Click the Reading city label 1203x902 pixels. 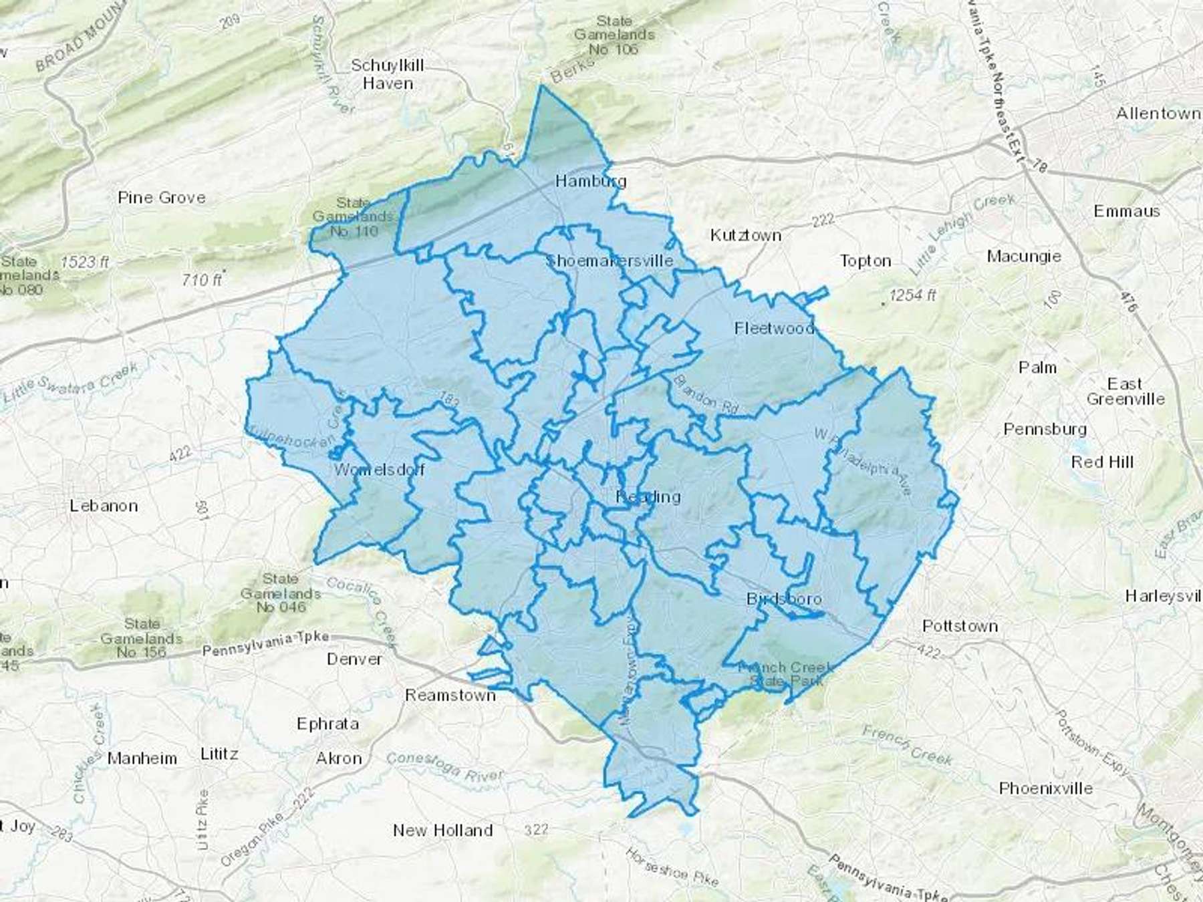[648, 496]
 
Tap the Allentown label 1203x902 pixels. [1158, 114]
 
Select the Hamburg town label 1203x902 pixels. [591, 181]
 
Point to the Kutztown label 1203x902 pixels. [745, 235]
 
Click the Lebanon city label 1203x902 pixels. [104, 506]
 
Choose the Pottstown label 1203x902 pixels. [960, 626]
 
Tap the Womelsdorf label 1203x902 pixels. [379, 469]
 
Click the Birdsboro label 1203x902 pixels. [783, 599]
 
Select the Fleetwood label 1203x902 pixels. [774, 328]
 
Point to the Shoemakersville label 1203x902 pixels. [610, 261]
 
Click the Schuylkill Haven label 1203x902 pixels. [388, 75]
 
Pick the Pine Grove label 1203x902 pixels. [162, 198]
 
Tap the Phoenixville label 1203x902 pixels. [1046, 788]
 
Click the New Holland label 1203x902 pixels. [442, 831]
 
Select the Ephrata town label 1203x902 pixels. [327, 724]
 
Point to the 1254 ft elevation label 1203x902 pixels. [912, 295]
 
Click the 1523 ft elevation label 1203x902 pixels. [84, 262]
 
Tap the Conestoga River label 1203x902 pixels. [444, 766]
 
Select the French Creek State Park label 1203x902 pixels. [785, 674]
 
